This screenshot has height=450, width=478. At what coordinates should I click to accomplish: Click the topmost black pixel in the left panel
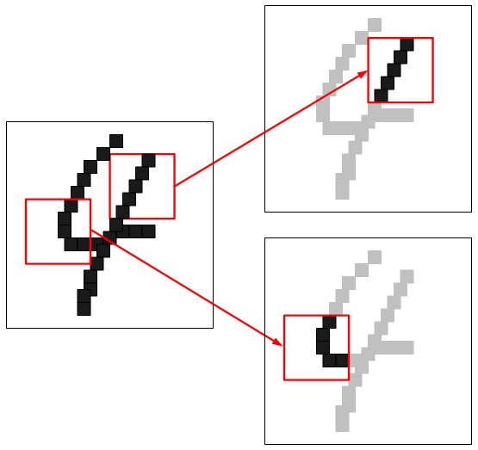(116, 141)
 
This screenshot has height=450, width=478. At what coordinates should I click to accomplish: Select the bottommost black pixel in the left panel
(84, 309)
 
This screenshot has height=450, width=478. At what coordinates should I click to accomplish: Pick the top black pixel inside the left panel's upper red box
(149, 160)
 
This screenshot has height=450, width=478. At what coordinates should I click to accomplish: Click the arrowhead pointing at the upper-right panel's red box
(363, 74)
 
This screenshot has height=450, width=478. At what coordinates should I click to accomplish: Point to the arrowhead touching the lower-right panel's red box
(277, 342)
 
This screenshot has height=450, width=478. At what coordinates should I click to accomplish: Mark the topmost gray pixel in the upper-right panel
(375, 25)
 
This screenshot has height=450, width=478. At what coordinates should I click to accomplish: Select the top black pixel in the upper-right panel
(407, 45)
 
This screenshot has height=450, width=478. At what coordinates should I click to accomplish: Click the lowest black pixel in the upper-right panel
(381, 96)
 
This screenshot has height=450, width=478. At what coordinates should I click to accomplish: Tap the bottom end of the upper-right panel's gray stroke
(342, 193)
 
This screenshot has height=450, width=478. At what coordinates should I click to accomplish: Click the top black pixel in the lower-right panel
(329, 322)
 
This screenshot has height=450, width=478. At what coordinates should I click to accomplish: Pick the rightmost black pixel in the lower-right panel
(342, 361)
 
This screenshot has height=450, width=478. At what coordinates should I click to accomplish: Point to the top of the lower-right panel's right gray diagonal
(407, 276)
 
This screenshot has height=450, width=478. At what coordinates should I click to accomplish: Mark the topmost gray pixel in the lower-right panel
(375, 257)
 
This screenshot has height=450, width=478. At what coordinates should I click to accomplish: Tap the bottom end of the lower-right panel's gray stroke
(342, 425)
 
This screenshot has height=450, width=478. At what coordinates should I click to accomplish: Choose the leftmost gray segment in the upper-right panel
(323, 109)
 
